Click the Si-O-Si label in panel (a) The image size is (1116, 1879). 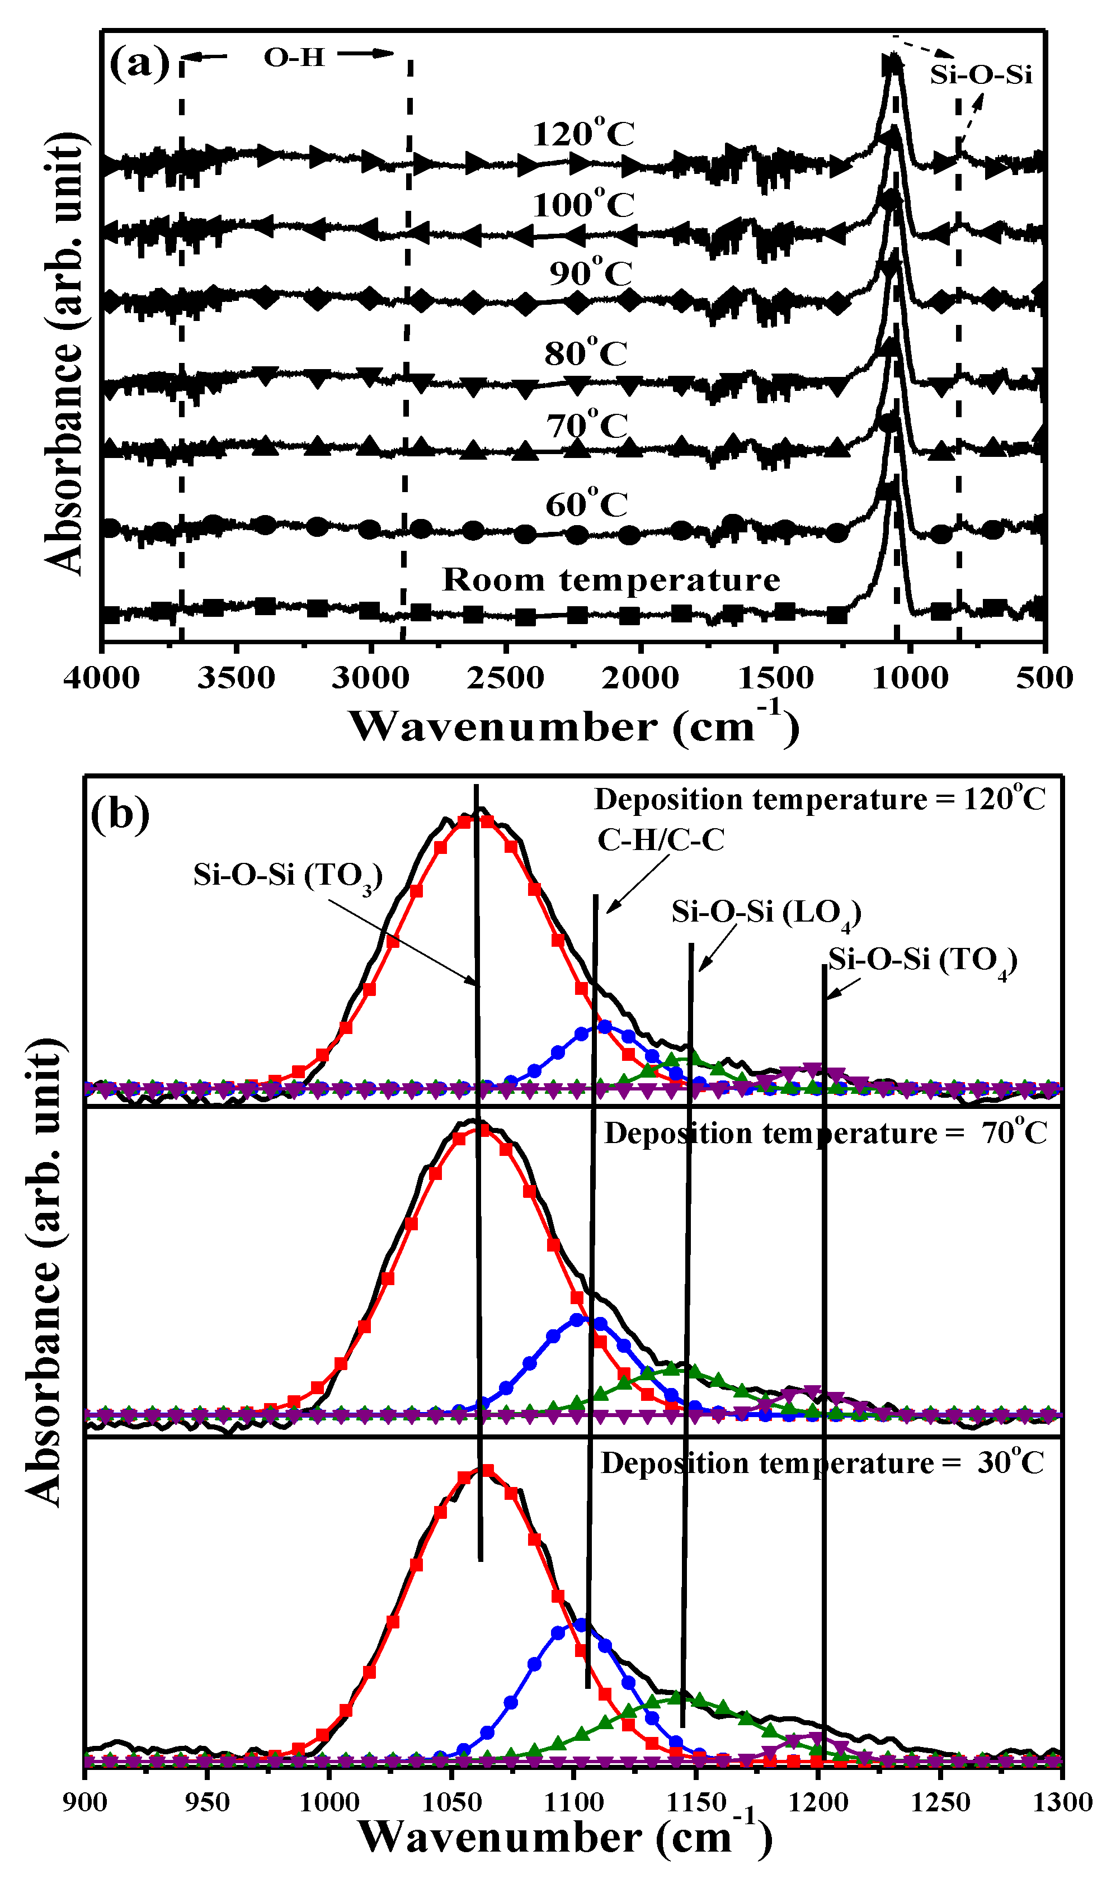pyautogui.click(x=981, y=74)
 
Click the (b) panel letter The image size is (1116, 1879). pyautogui.click(x=120, y=815)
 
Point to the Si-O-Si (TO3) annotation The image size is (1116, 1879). pyautogui.click(x=288, y=876)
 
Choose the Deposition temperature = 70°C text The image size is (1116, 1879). pyautogui.click(x=825, y=1132)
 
